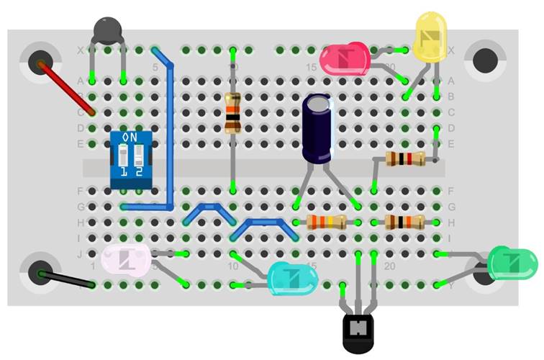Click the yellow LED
tap(431, 37)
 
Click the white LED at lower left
tap(126, 259)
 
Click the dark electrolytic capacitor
tap(317, 130)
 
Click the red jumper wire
tap(66, 89)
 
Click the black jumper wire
tap(67, 279)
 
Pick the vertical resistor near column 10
tap(232, 114)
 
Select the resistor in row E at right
tap(401, 159)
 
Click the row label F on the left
tap(79, 191)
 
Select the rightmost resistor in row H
tap(401, 222)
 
